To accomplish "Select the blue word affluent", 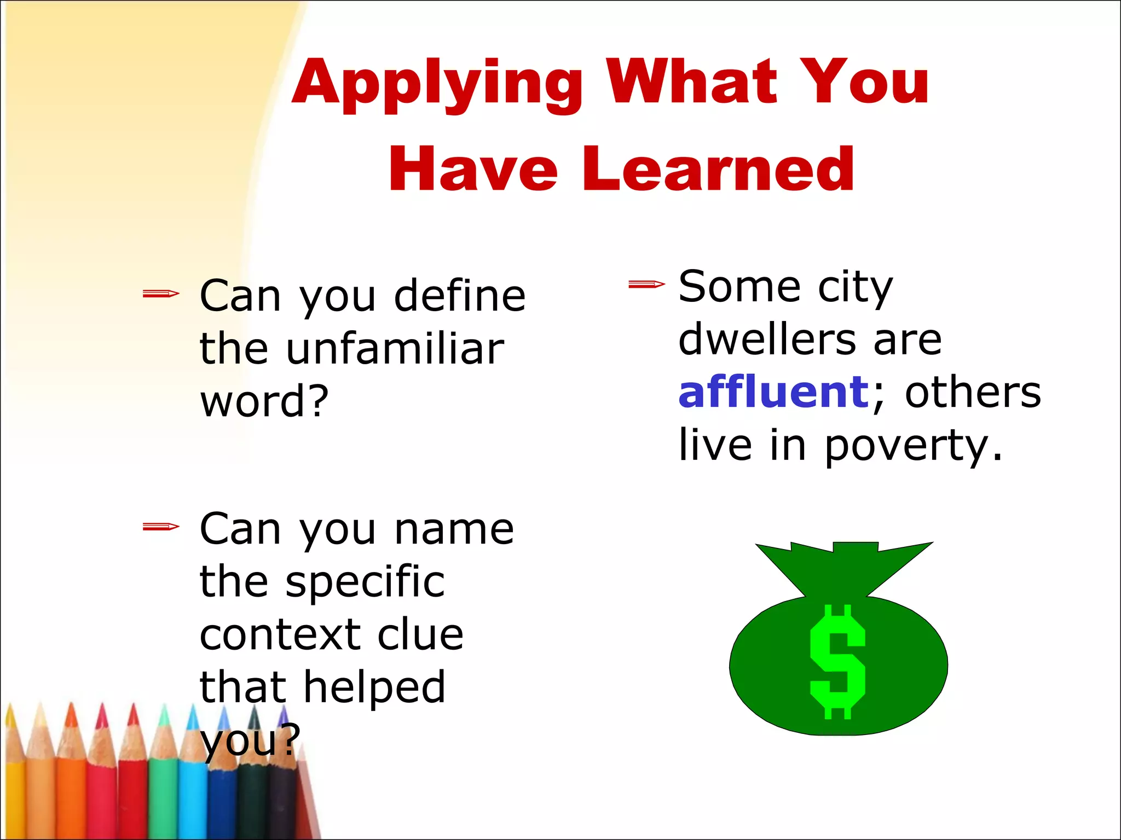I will pos(773,392).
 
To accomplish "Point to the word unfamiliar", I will pos(394,349).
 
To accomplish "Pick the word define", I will pos(460,296).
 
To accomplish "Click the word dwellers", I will pos(766,339).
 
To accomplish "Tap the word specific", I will pos(365,582).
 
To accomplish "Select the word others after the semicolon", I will pos(973,392).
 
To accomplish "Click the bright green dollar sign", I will pos(837,662).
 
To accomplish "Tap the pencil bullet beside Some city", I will pos(646,284).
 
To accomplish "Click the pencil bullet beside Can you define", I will pos(160,294).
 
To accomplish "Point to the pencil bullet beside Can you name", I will pos(160,527).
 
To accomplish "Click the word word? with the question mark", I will pos(264,401).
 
